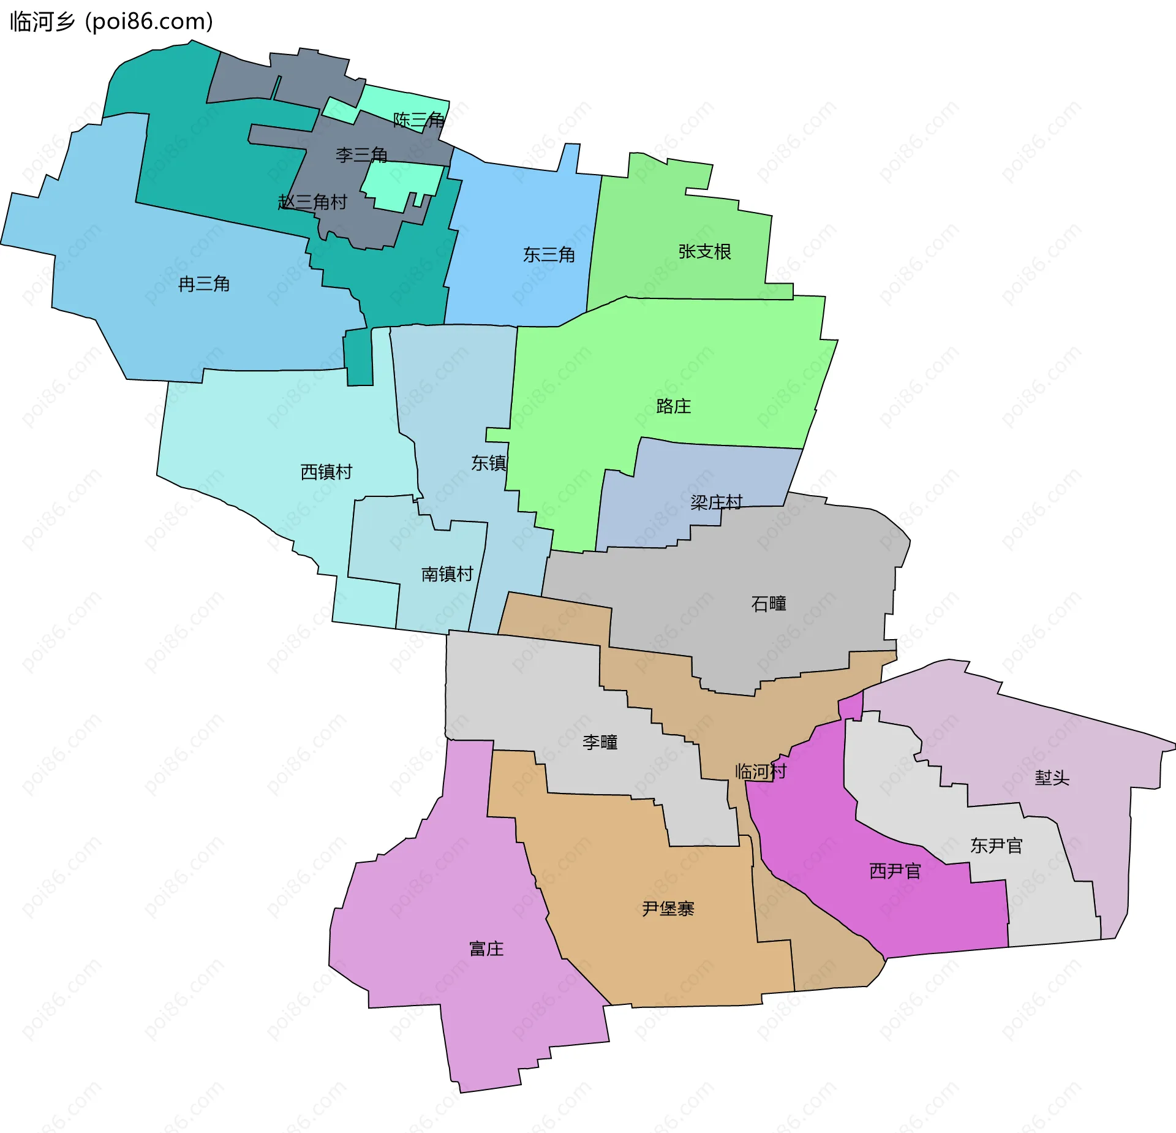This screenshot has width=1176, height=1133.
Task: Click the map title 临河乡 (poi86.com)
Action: tap(111, 22)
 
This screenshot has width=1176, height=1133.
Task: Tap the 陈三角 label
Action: tap(419, 119)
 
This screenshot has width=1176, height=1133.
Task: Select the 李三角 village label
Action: tap(361, 155)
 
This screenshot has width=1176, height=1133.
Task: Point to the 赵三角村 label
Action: tap(312, 202)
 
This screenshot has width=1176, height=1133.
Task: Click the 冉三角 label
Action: tap(204, 284)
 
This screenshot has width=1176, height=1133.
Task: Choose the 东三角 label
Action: tap(549, 255)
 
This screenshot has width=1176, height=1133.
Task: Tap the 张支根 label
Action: tap(704, 252)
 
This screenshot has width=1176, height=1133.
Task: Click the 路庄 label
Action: tap(673, 406)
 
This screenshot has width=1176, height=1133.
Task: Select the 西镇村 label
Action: tap(326, 472)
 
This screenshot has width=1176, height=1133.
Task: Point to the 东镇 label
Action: tap(489, 463)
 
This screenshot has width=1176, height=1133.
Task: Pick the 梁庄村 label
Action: tap(716, 502)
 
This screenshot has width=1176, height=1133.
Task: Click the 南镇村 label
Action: tap(447, 574)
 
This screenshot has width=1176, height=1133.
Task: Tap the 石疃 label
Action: tap(769, 604)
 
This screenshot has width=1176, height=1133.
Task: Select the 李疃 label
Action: tap(600, 743)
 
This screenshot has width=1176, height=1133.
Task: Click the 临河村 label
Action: tap(761, 771)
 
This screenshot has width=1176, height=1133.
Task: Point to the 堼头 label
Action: tap(1052, 778)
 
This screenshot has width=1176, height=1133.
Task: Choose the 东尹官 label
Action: tap(996, 846)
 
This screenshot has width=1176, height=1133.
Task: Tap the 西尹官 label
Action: tap(895, 871)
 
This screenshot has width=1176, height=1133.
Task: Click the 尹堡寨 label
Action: tap(668, 909)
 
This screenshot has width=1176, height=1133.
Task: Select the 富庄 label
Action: tap(486, 949)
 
